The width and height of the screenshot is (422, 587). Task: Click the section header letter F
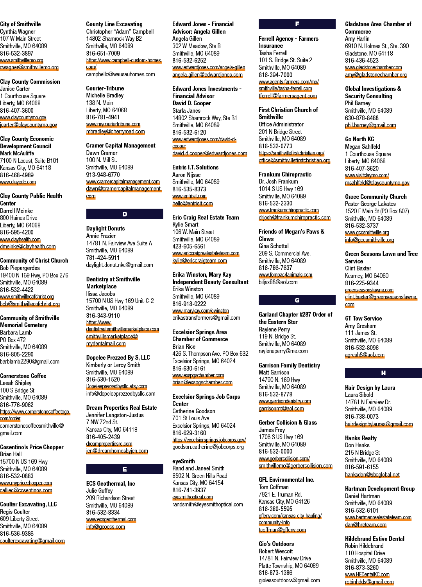pyautogui.click(x=297, y=24)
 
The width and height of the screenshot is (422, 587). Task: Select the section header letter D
pyautogui.click(x=125, y=214)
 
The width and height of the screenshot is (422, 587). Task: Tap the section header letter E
pyautogui.click(x=125, y=469)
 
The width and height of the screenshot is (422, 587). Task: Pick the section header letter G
pyautogui.click(x=297, y=300)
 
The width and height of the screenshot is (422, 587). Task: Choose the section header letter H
pyautogui.click(x=383, y=373)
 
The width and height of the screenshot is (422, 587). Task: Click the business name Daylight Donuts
pyautogui.click(x=105, y=228)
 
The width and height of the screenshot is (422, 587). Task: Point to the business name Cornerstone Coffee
pyautogui.click(x=23, y=376)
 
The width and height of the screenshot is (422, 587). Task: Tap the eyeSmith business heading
pyautogui.click(x=183, y=461)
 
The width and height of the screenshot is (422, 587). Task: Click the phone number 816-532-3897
pyautogui.click(x=17, y=53)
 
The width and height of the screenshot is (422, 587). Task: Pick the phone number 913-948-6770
pyautogui.click(x=103, y=175)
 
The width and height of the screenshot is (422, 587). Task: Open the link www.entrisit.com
pyautogui.click(x=189, y=196)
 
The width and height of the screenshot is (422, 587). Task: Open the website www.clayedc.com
pyautogui.click(x=18, y=182)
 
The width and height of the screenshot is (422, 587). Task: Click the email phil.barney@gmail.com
pyautogui.click(x=370, y=125)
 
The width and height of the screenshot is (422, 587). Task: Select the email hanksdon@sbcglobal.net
pyautogui.click(x=372, y=475)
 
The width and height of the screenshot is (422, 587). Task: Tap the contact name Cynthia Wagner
pyautogui.click(x=18, y=31)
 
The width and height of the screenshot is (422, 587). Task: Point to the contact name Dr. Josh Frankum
pyautogui.click(x=278, y=181)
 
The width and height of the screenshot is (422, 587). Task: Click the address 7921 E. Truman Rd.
pyautogui.click(x=280, y=494)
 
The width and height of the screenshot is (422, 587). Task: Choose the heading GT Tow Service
pyautogui.click(x=363, y=319)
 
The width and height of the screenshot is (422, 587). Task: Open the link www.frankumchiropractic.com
pyautogui.click(x=289, y=210)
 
